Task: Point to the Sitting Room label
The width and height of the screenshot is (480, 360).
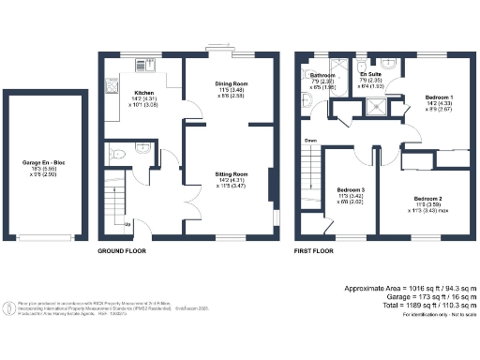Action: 231,174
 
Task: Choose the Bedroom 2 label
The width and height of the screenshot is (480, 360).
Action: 427,199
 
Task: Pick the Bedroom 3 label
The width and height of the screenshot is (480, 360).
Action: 350,191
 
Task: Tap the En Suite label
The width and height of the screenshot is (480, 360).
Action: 372,74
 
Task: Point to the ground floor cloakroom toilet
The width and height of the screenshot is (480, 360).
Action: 114,152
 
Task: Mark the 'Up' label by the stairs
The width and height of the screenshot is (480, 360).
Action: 127,224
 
